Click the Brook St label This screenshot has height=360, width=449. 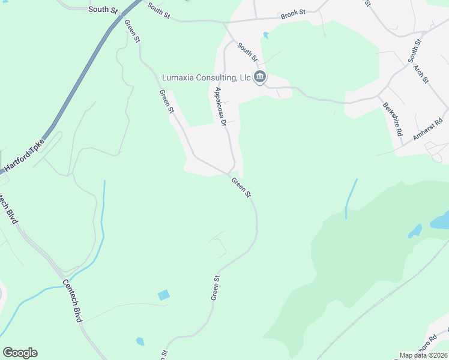click(x=294, y=12)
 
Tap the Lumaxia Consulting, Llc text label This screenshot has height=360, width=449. click(x=206, y=78)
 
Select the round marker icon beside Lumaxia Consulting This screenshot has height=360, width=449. click(x=260, y=77)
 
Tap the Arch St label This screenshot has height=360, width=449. click(x=421, y=73)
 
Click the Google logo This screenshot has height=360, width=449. click(x=20, y=353)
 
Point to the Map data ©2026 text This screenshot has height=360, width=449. click(x=423, y=355)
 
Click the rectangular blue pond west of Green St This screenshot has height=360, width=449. click(x=163, y=295)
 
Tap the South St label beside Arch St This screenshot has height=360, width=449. click(x=414, y=50)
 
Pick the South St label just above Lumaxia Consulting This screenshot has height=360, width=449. click(x=247, y=52)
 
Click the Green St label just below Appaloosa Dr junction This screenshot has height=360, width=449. click(x=241, y=187)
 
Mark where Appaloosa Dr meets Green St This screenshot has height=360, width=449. click(x=232, y=173)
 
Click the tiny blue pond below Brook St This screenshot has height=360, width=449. click(x=265, y=35)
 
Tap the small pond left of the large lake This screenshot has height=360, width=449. click(x=415, y=231)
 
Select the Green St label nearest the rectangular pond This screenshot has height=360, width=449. click(x=215, y=288)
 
